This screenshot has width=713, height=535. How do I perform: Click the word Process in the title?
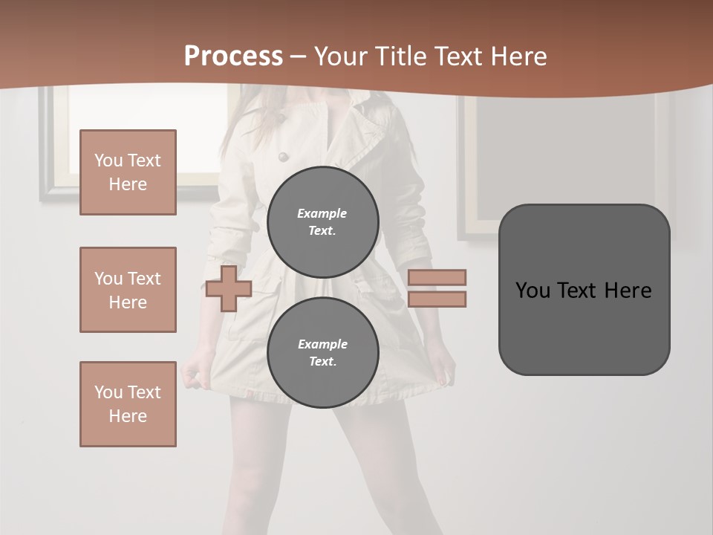(233, 56)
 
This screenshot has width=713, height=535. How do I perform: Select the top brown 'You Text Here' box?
(128, 172)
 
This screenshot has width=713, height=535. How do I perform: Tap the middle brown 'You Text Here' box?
(128, 290)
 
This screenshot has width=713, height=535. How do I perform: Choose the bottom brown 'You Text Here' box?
(128, 404)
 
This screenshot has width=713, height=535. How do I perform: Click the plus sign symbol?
(229, 288)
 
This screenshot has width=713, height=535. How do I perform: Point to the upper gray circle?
(322, 221)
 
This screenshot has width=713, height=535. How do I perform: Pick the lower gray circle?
(322, 352)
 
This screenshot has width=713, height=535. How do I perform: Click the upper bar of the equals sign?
(437, 277)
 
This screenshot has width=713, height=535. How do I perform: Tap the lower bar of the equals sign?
(437, 299)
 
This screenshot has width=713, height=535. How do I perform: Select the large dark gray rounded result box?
(584, 290)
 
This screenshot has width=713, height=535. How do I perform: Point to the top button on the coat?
(282, 157)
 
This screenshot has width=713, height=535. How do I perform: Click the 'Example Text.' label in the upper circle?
(322, 221)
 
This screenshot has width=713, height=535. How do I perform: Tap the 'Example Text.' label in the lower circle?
(322, 352)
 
